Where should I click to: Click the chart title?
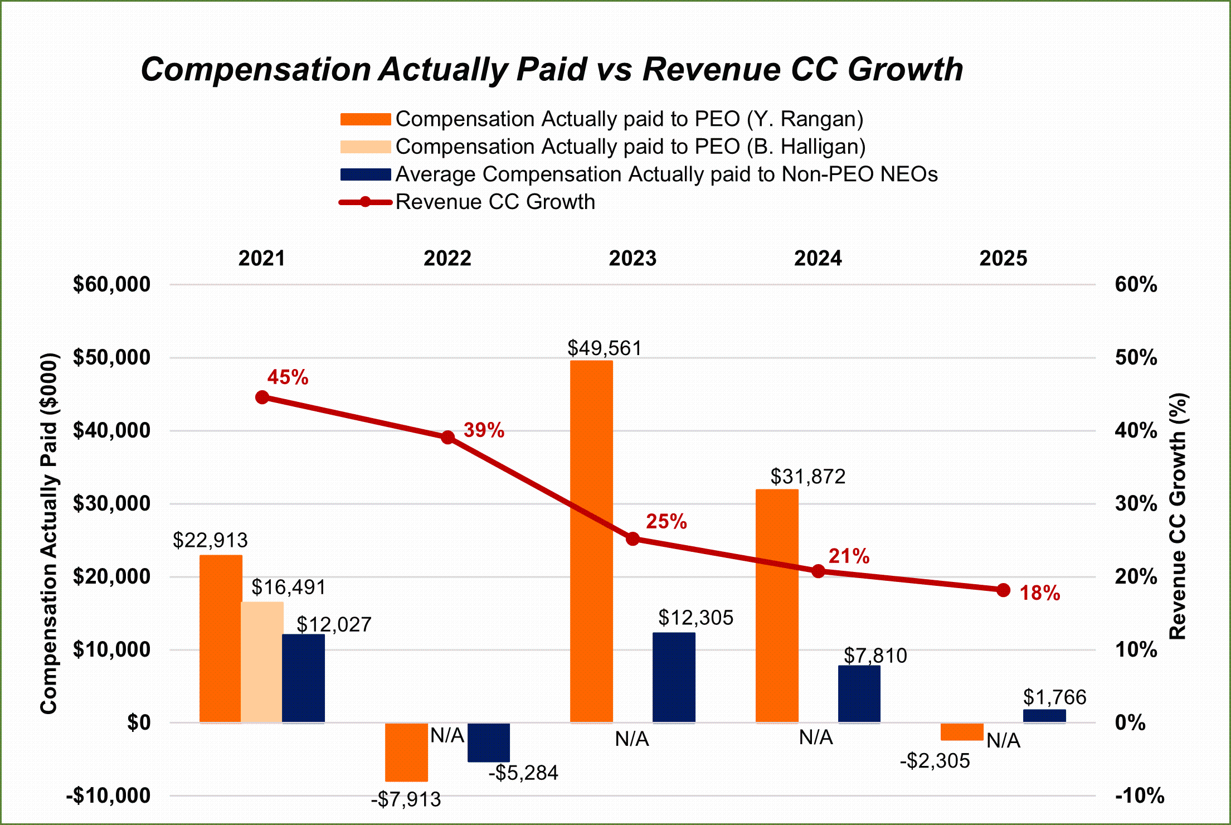tap(552, 70)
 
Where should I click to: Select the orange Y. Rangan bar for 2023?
tap(591, 541)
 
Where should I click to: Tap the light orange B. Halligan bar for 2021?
tap(262, 662)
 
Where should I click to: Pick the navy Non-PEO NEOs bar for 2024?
tap(859, 694)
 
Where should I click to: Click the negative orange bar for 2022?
tap(406, 753)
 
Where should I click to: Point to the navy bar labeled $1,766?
tap(1044, 716)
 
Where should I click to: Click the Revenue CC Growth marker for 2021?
tap(262, 397)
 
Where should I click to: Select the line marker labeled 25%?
tap(632, 539)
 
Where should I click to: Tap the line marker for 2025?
tap(1003, 590)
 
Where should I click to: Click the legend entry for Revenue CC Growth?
tap(495, 202)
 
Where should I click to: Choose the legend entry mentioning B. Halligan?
tap(630, 147)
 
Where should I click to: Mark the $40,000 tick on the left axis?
tap(111, 430)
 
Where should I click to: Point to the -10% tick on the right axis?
tap(1139, 795)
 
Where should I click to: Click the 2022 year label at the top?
tap(447, 259)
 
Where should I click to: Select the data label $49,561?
tap(604, 348)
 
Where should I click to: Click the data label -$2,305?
tap(935, 761)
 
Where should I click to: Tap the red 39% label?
tap(484, 430)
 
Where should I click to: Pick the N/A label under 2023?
tap(632, 739)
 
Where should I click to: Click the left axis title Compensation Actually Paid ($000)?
tap(49, 533)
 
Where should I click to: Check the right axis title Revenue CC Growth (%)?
tap(1178, 516)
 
